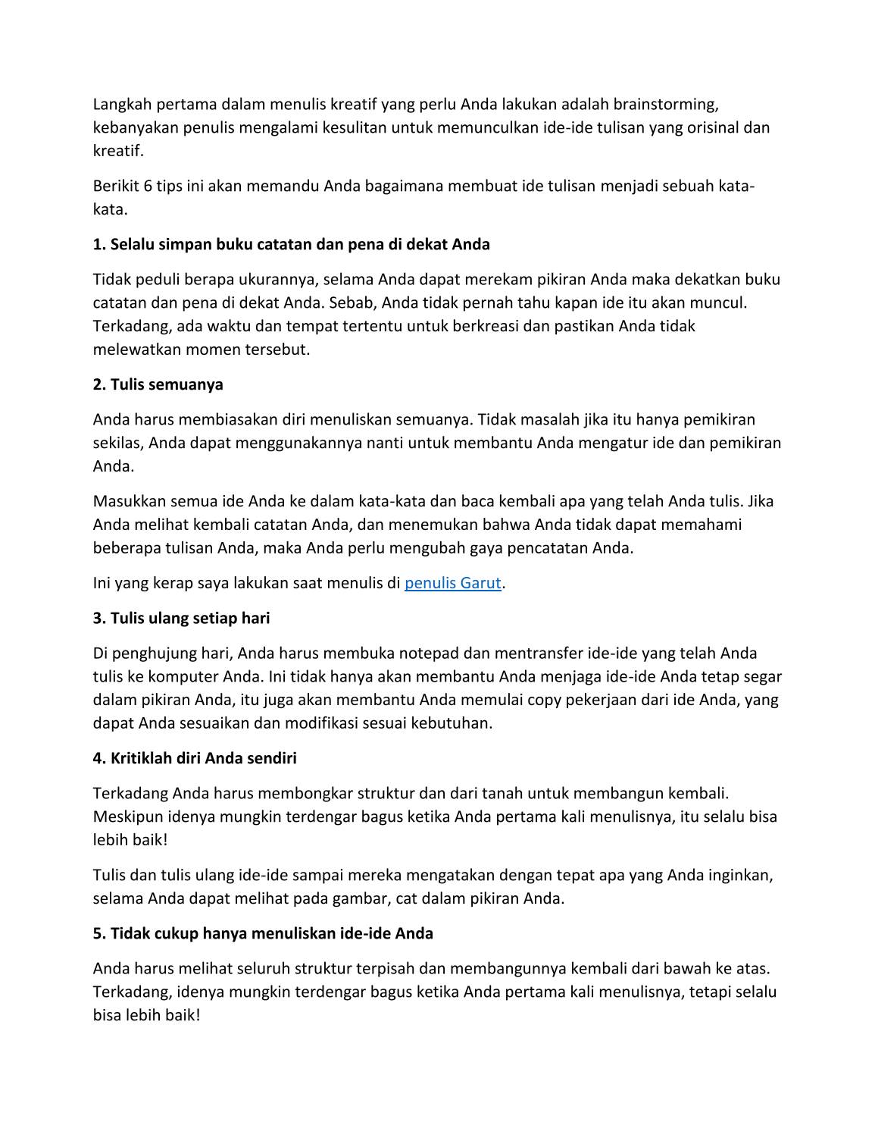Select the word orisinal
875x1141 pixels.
[709, 127]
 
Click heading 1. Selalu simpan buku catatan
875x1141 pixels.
[291, 244]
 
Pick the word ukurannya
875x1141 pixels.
[278, 280]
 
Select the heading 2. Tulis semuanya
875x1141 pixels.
[158, 384]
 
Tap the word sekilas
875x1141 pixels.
[117, 443]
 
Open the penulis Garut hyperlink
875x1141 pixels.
[452, 583]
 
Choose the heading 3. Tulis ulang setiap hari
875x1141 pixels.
[181, 618]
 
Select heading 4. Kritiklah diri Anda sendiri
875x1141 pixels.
[195, 758]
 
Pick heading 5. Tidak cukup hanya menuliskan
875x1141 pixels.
[263, 933]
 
